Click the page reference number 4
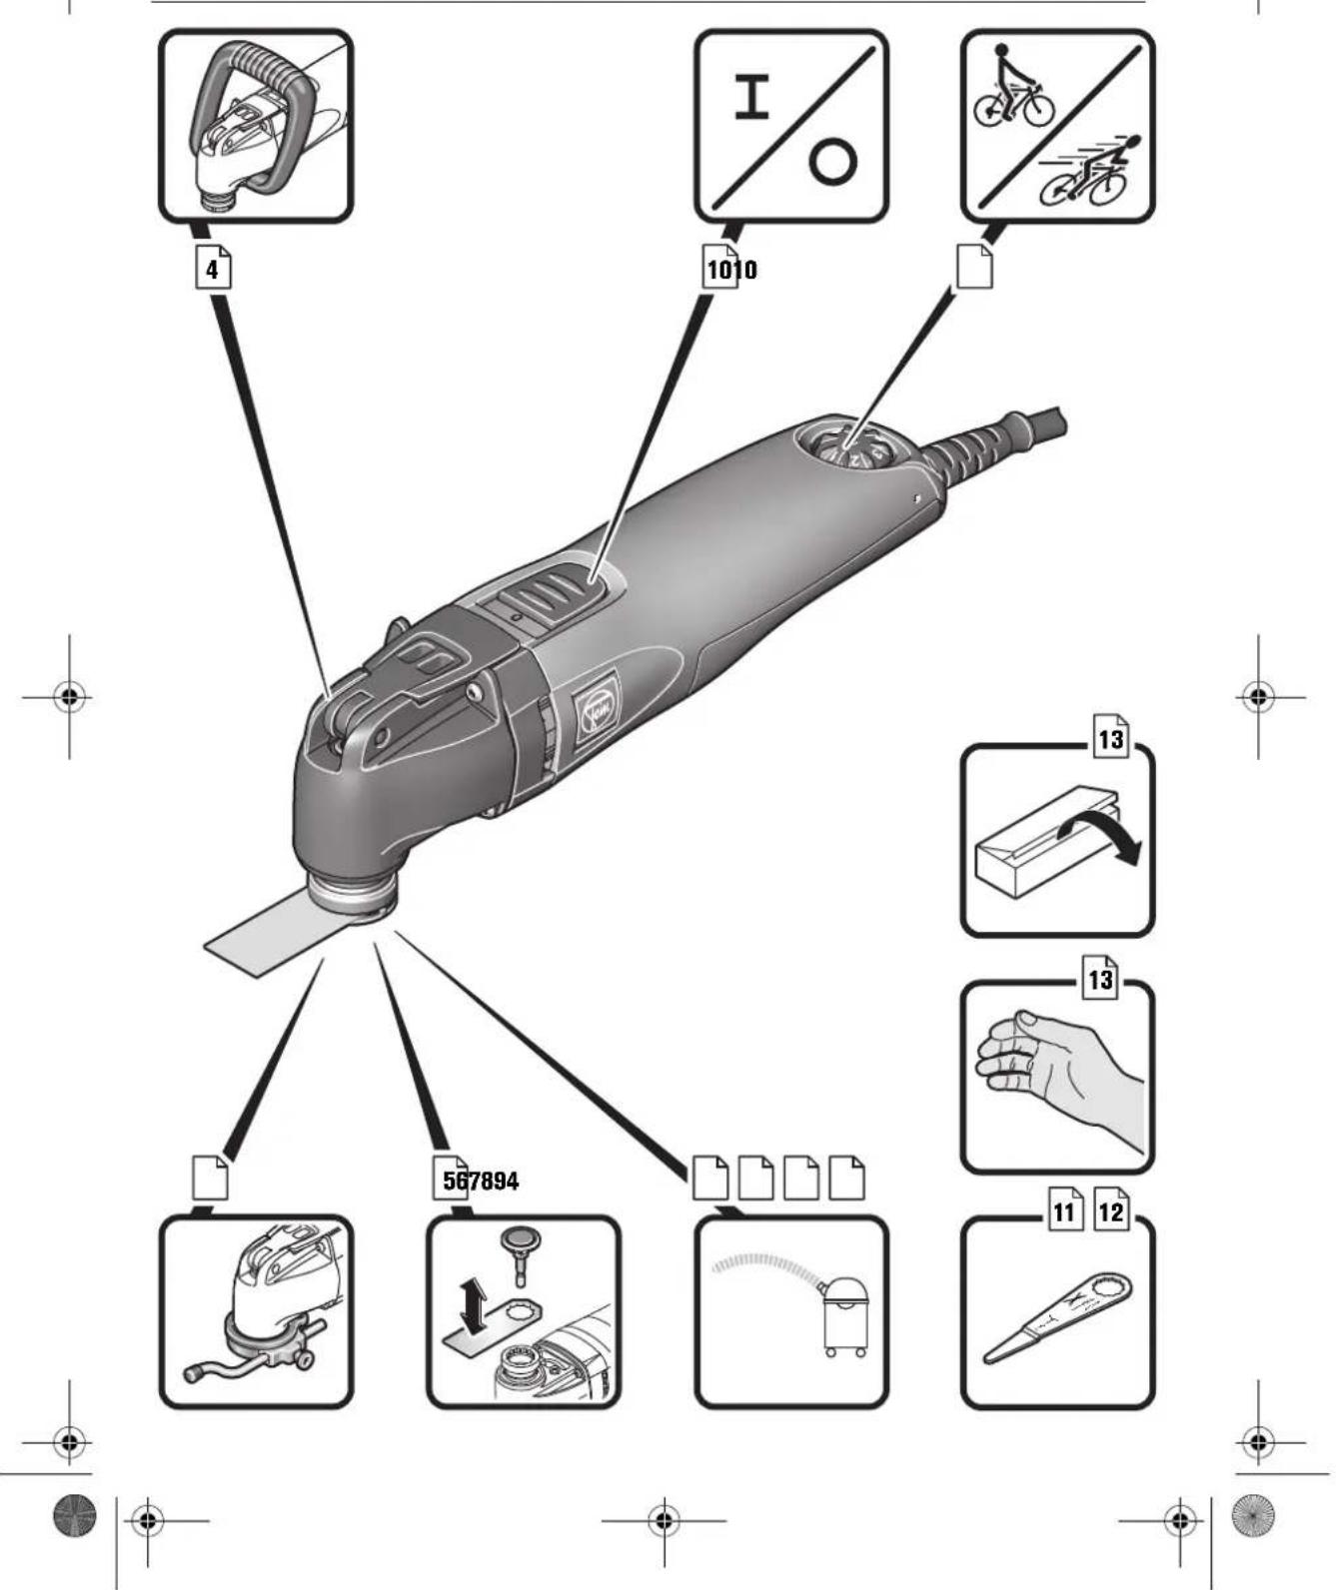(212, 270)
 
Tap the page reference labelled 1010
(729, 270)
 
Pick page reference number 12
(1110, 1212)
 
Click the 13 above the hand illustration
(1100, 980)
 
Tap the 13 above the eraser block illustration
(1110, 740)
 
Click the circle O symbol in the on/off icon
(832, 162)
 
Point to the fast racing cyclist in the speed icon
(1091, 173)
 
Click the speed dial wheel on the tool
(849, 447)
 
